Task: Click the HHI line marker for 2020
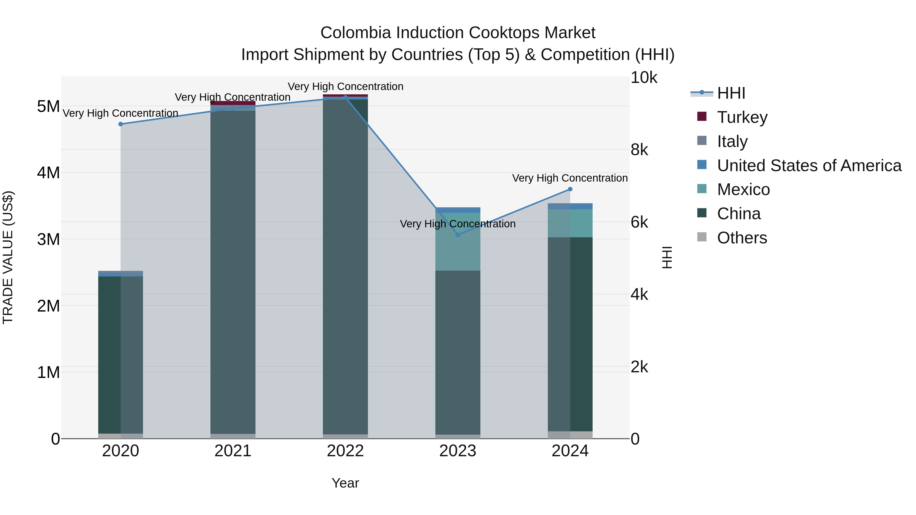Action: pos(121,124)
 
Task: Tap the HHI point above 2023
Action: pos(458,235)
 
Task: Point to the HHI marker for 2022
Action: pos(345,97)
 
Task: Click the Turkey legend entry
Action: pos(742,117)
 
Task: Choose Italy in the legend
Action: pos(732,141)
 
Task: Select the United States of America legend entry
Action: pos(809,165)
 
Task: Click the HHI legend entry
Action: pos(731,93)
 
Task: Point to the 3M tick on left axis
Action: pos(48,240)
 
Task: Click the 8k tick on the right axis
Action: pos(639,150)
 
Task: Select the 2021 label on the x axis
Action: pos(233,451)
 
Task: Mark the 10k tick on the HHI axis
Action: pos(644,78)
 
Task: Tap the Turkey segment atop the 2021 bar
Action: pos(233,103)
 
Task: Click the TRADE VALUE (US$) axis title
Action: pos(8,257)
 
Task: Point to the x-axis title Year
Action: pos(345,483)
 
